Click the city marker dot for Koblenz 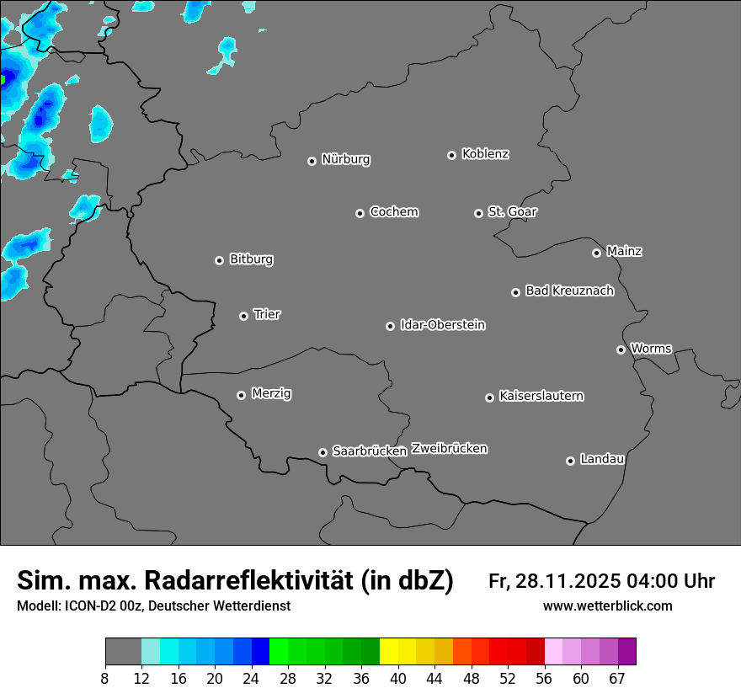[451, 155]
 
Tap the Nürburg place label [345, 159]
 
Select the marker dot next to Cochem [360, 213]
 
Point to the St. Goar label [512, 211]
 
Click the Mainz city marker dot [596, 253]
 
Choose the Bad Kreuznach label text [569, 291]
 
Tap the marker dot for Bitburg [219, 260]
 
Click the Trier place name [267, 314]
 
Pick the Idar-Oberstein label [442, 324]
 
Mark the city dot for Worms [621, 349]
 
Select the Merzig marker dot [241, 395]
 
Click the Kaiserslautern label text [541, 396]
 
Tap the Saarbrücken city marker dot [323, 452]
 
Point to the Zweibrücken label [449, 448]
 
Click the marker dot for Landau [570, 461]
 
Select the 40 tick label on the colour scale [397, 678]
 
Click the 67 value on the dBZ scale [617, 678]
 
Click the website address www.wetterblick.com [607, 606]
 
